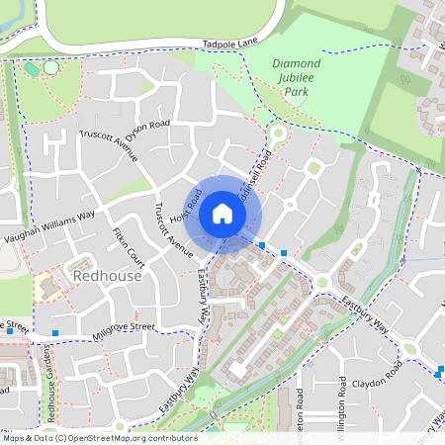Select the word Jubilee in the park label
[x=295, y=78]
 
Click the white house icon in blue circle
[x=222, y=214]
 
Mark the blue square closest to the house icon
[x=262, y=243]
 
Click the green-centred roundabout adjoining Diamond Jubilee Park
[x=276, y=132]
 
